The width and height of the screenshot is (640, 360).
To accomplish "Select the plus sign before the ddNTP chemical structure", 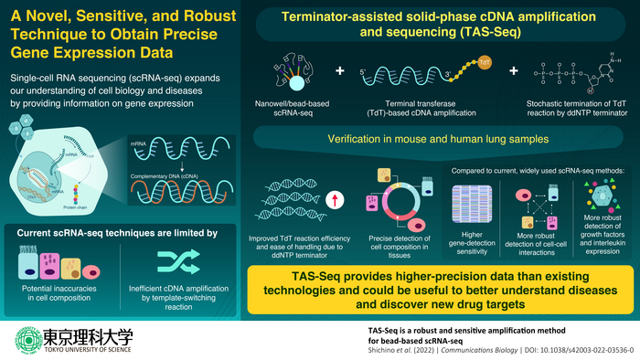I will pyautogui.click(x=513, y=70).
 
